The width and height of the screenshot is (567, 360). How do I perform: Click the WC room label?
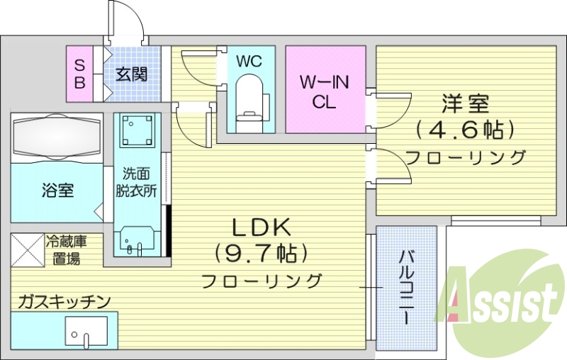(249, 62)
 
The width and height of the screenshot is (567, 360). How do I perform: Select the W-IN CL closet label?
(324, 91)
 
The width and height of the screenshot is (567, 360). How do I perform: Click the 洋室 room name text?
(465, 105)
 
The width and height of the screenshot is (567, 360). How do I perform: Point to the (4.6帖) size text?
(465, 130)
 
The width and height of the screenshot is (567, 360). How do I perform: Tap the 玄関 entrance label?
(132, 74)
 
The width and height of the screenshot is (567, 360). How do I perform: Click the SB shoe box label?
(79, 74)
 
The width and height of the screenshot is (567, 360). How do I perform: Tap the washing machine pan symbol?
(137, 131)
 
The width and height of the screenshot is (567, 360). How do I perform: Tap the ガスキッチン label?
(64, 302)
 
